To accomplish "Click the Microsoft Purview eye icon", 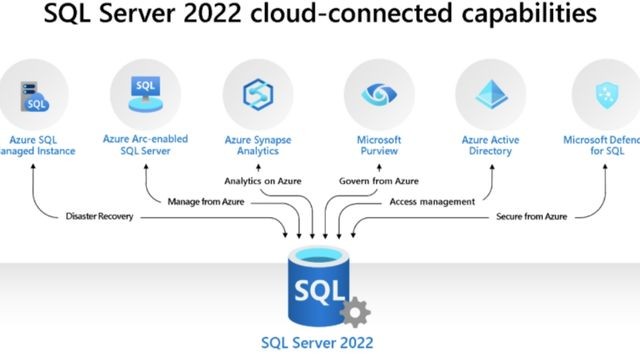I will (x=378, y=93).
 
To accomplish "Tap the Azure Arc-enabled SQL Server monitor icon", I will (x=145, y=93).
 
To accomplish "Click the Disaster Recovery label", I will (x=96, y=215).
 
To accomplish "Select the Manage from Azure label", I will (x=205, y=201).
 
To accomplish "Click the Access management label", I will (x=432, y=201).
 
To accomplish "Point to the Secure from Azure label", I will (x=532, y=215).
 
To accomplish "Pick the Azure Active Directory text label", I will (x=489, y=145).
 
